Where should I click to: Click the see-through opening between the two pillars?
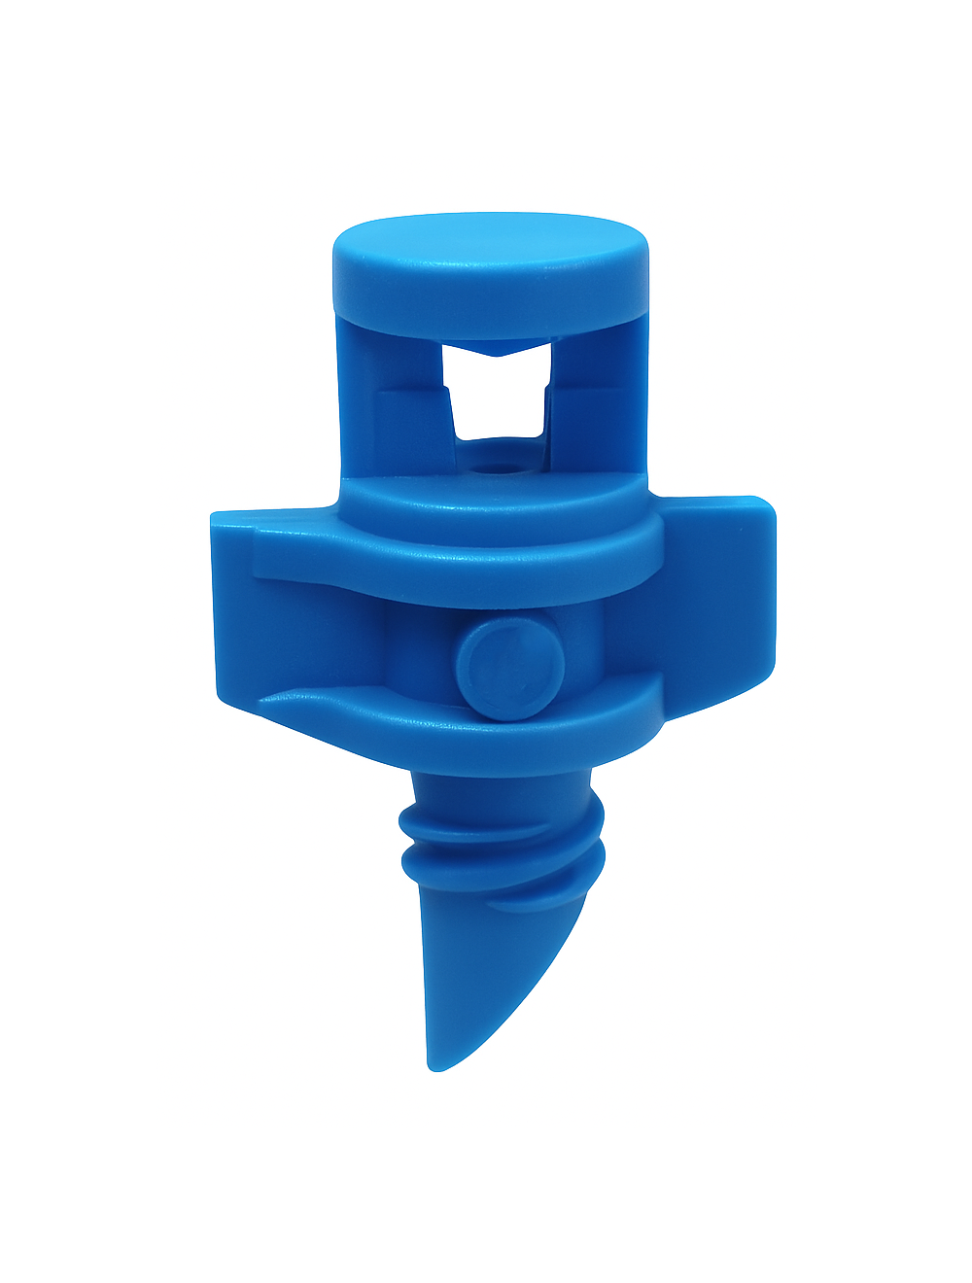[497, 399]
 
